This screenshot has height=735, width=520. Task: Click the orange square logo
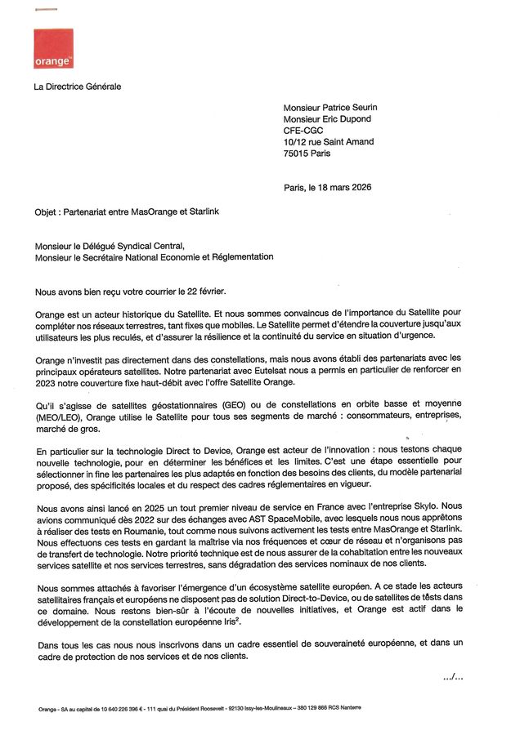tap(53, 48)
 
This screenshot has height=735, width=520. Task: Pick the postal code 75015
tap(296, 153)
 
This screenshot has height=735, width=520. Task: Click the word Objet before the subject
tap(47, 211)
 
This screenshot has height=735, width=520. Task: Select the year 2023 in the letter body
tap(48, 382)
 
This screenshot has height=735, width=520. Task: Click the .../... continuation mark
tap(453, 676)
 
